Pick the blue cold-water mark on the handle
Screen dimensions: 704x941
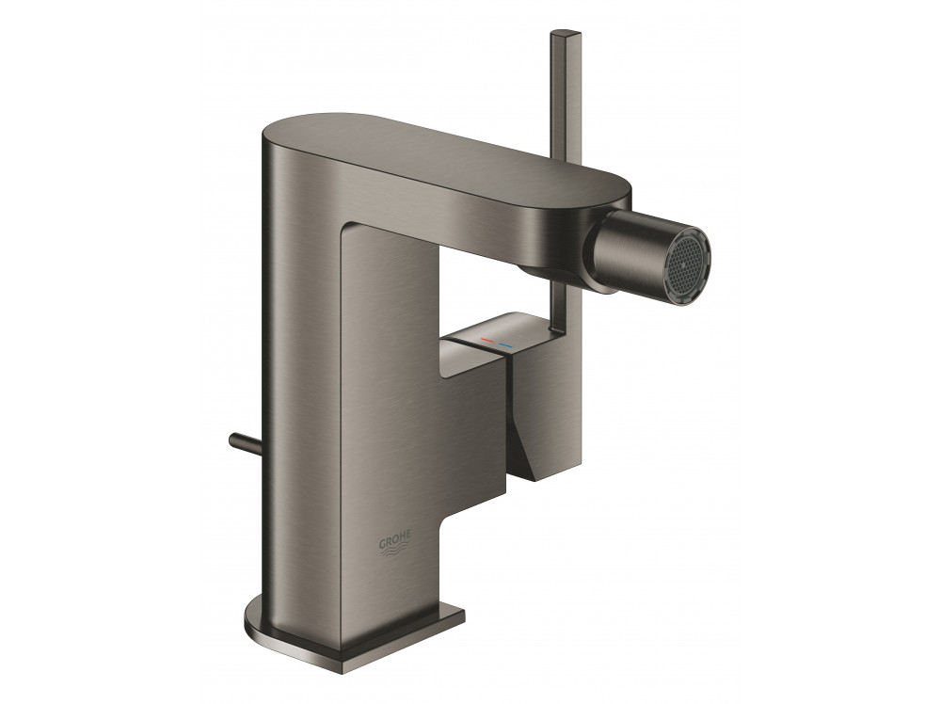coord(504,345)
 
